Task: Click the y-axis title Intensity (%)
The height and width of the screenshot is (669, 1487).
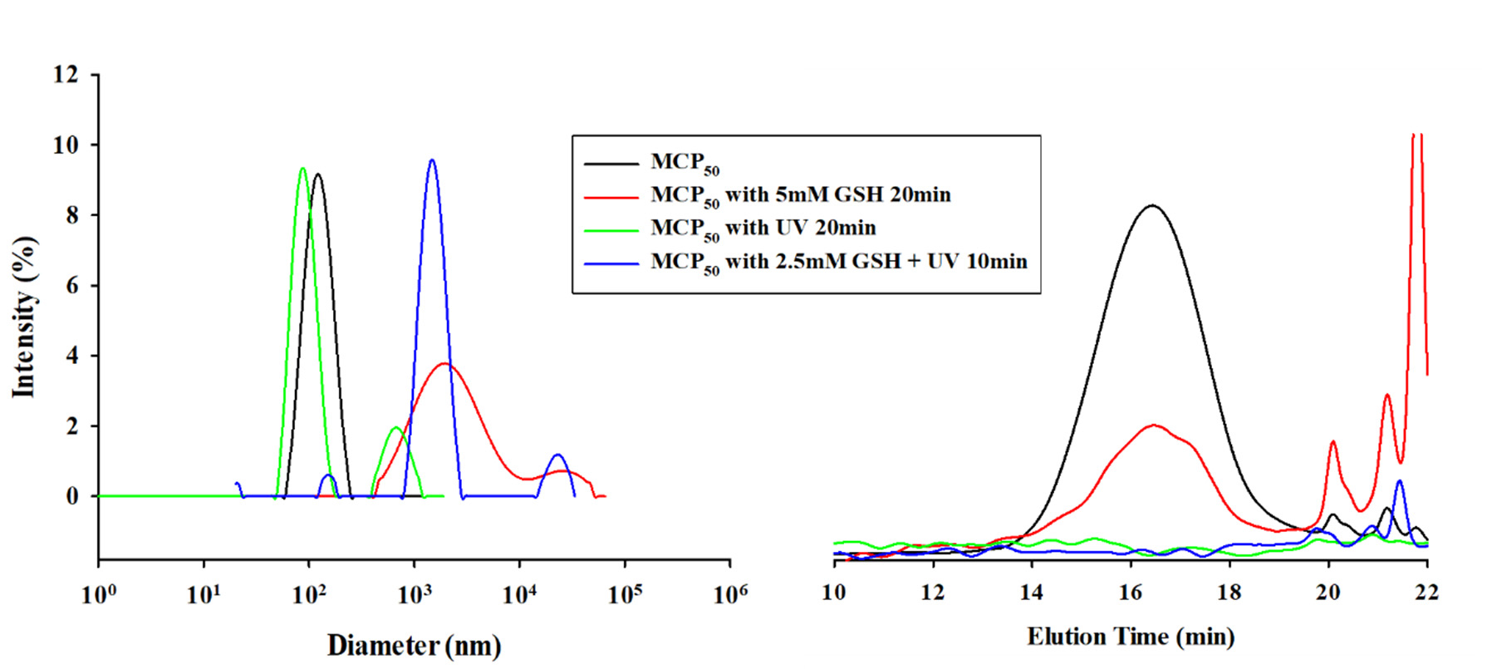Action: (25, 317)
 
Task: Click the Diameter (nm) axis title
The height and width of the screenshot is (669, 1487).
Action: (414, 646)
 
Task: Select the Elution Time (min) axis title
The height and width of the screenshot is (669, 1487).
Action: (1131, 637)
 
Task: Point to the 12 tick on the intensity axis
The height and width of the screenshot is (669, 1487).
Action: (66, 75)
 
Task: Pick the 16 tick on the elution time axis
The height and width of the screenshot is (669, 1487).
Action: (1131, 592)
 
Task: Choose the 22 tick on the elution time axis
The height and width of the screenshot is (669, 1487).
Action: (1427, 592)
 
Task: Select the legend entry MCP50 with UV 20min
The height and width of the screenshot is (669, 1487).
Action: (763, 229)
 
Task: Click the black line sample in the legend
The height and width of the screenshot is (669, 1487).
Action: (611, 164)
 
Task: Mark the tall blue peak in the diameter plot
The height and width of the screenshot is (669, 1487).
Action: (431, 160)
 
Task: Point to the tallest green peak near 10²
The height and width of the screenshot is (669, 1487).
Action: (302, 169)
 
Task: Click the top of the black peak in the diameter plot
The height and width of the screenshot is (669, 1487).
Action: (317, 175)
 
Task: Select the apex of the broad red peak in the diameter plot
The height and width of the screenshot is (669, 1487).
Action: (445, 363)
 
